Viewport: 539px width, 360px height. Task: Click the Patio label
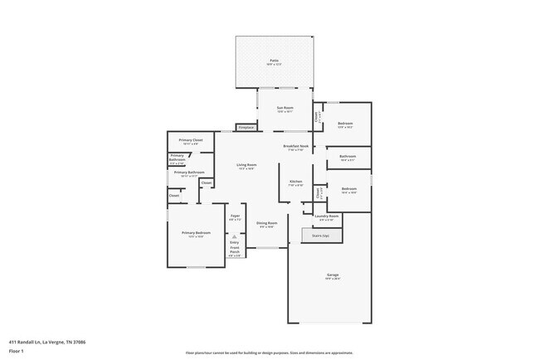[274, 61]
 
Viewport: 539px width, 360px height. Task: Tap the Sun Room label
[285, 109]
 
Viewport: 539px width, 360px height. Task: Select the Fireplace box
[246, 128]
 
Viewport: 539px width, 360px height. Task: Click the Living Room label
[246, 166]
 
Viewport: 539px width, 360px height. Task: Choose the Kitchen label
[295, 182]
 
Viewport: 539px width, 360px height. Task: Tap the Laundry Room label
[328, 217]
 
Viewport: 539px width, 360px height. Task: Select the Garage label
[332, 276]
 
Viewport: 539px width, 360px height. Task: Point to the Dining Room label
[266, 224]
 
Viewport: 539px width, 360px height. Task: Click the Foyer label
[235, 217]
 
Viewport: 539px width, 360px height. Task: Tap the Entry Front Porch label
[235, 249]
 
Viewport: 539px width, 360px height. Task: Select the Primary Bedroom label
[197, 234]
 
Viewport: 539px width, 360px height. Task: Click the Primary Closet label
[191, 141]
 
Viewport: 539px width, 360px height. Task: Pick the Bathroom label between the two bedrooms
[347, 158]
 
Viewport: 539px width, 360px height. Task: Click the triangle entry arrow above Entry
[235, 236]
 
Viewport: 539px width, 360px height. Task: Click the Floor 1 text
[17, 350]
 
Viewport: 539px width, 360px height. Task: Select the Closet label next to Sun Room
[317, 117]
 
